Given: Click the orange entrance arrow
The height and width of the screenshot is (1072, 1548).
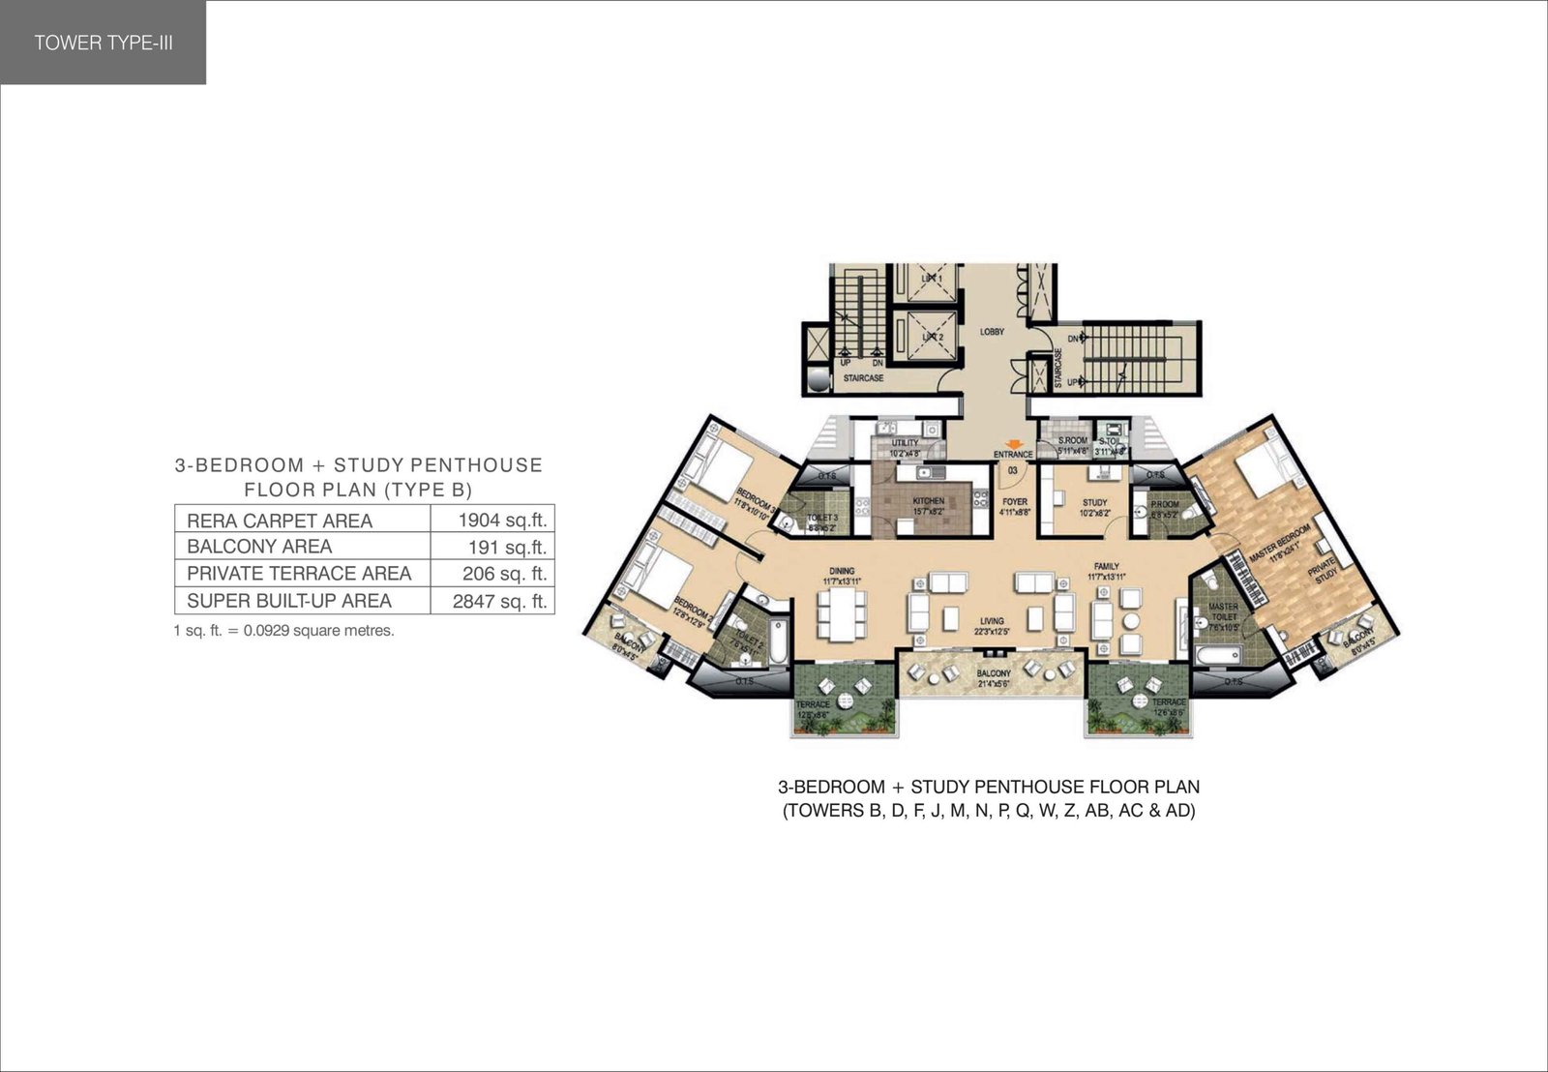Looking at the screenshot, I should click(1013, 444).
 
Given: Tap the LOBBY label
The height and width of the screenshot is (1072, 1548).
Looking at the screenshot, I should click(992, 332).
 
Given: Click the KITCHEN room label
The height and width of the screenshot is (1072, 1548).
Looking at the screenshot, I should click(928, 501).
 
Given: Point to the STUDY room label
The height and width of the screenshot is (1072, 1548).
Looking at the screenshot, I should click(1094, 503).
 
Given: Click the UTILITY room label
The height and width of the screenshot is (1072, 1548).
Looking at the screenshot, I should click(906, 443).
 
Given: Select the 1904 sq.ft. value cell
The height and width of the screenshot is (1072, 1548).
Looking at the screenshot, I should click(502, 520).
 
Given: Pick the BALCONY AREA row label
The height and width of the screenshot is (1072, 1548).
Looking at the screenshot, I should click(259, 547).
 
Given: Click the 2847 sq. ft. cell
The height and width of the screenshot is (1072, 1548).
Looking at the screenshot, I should click(499, 601).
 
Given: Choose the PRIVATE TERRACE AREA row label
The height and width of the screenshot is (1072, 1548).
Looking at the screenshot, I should click(299, 574).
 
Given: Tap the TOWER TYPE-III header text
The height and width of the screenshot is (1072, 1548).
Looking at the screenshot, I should click(104, 43).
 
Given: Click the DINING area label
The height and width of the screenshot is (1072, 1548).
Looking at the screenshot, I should click(842, 571).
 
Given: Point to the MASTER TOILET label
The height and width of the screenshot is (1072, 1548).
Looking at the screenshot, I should click(1223, 611).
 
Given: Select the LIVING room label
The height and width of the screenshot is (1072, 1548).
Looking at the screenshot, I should click(992, 621).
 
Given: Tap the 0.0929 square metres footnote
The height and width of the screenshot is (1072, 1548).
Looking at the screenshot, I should click(283, 631).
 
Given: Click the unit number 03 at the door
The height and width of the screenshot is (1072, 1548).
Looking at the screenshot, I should click(1013, 470).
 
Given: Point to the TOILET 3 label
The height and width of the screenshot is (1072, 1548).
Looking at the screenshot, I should click(822, 519).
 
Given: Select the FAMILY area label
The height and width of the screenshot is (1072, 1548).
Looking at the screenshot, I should click(1106, 567).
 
